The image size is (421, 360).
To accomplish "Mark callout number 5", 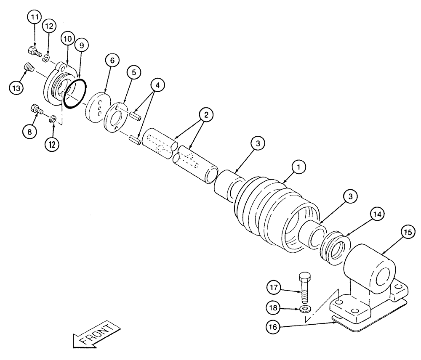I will tap(133, 72).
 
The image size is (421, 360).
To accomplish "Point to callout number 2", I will tap(206, 114).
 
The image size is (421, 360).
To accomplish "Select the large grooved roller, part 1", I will tap(269, 210).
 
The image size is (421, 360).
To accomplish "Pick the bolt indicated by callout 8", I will tap(36, 111).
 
